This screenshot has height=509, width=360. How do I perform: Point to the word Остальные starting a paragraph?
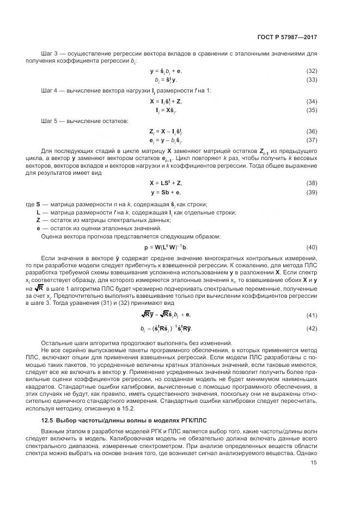[57, 342]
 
